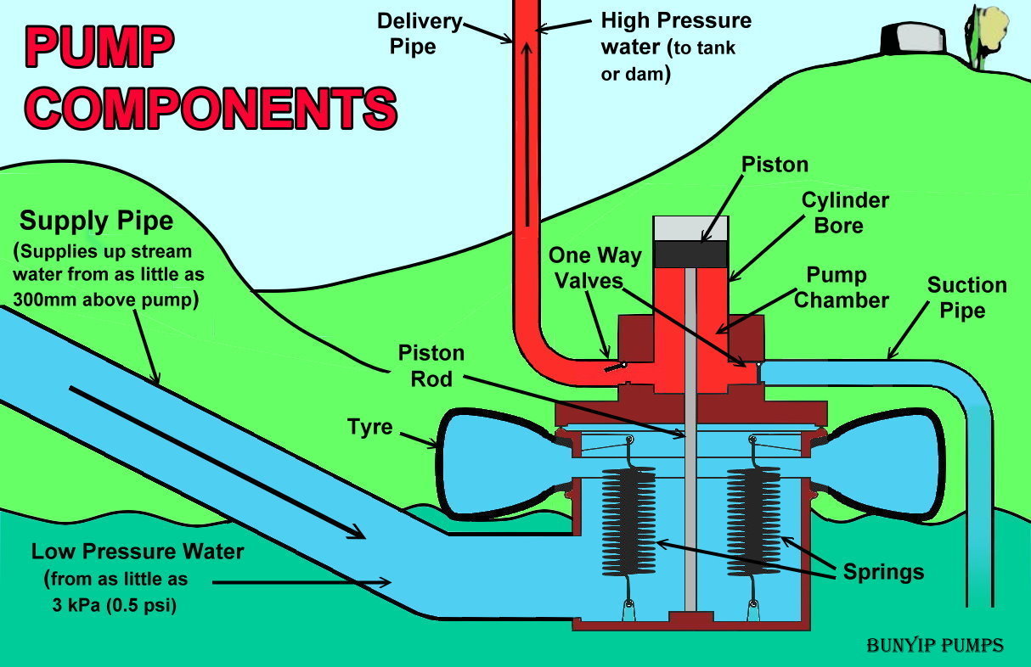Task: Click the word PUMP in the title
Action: tap(97, 48)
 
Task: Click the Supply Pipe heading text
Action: tap(96, 221)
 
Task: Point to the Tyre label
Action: tap(370, 426)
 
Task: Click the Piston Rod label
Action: tap(431, 366)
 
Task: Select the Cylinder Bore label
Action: tap(844, 213)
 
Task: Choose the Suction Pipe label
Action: tap(966, 297)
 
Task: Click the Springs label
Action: tap(883, 571)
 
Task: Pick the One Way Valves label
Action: tap(594, 267)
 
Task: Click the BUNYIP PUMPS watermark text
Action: tap(934, 646)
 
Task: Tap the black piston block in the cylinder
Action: tap(690, 253)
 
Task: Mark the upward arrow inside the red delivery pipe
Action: tap(527, 127)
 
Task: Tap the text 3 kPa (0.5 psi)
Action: tap(115, 606)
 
